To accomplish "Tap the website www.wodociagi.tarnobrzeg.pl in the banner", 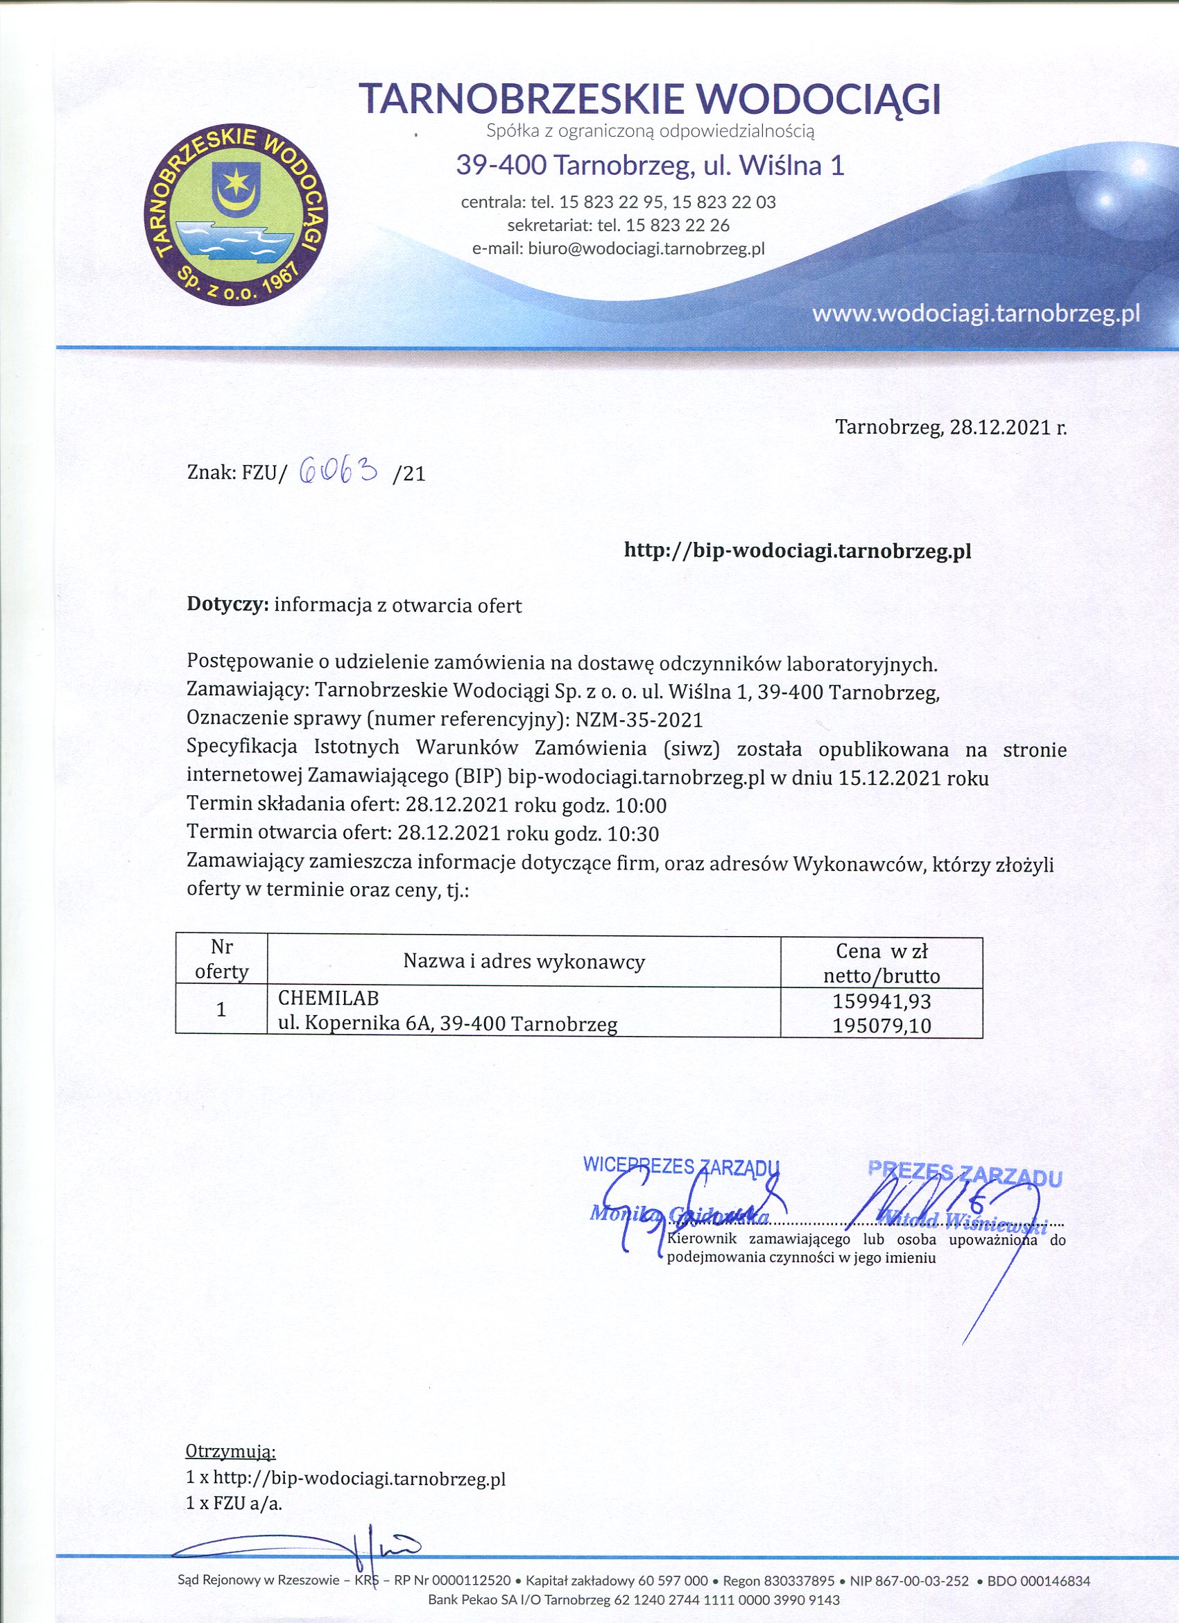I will pos(976,314).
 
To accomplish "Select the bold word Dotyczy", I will pos(227,604).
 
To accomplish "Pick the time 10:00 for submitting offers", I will pos(641,806).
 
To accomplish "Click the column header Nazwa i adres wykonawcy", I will pos(524,961).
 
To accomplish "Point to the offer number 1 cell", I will pos(221,1010).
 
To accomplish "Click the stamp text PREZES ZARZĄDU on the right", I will pos(965,1172).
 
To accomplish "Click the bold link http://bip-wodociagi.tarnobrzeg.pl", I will pos(798,550).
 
